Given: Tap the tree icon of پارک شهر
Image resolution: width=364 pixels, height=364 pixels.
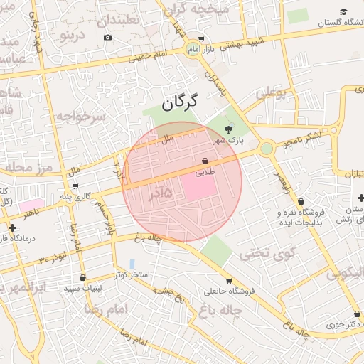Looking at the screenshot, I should coord(227,129).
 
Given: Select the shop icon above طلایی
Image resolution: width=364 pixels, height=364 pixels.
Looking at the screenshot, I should coord(205,161).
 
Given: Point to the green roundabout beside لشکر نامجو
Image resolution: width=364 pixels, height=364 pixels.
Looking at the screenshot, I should coord(267,149).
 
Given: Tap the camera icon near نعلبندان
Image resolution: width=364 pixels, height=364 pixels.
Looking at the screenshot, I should coord(107,37).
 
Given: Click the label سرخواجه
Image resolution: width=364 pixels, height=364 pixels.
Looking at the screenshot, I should coord(80,116).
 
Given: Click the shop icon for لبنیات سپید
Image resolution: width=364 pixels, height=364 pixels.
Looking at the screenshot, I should coord(82,277).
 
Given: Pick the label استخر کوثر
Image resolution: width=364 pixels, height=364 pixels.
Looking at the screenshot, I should coord(129,275).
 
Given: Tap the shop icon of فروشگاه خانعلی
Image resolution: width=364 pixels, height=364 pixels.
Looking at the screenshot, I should coord(228,281).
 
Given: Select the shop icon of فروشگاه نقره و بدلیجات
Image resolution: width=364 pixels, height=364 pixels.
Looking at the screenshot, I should coord(301,202).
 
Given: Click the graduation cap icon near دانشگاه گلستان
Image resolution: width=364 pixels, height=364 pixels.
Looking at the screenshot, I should coord(344,11).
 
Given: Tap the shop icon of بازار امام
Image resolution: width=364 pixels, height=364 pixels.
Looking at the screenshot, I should coord(201,40).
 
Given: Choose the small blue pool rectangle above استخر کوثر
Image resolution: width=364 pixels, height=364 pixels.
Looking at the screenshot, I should coord(132,264).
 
